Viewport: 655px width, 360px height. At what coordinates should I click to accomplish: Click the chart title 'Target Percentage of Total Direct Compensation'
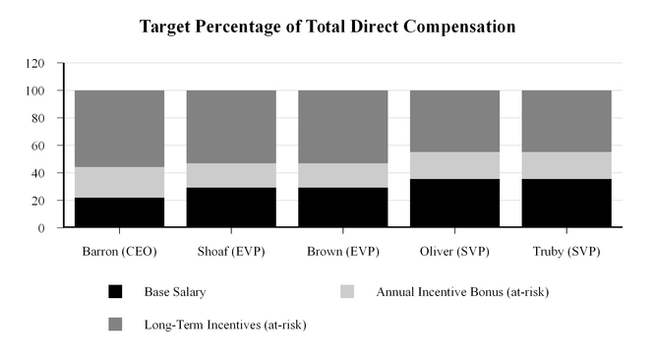click(327, 27)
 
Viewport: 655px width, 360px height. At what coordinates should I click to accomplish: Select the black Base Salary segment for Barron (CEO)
click(119, 212)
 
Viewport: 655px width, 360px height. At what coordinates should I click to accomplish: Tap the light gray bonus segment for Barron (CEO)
click(119, 182)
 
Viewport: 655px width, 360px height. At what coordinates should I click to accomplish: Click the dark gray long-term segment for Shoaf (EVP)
click(231, 127)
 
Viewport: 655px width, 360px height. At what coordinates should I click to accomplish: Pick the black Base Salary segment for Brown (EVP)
click(342, 208)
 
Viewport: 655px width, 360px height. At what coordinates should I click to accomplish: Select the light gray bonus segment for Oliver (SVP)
click(454, 165)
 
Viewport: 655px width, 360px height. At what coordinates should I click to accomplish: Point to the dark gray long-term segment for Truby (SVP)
click(566, 121)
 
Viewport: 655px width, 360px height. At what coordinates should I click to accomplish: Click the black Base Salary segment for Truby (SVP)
click(566, 204)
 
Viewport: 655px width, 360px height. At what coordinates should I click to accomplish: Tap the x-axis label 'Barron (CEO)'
click(119, 251)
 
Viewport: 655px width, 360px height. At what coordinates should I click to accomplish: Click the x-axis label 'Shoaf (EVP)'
click(231, 251)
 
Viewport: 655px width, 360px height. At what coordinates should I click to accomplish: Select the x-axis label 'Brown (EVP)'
click(342, 251)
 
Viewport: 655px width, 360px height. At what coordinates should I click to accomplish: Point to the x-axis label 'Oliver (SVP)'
click(454, 251)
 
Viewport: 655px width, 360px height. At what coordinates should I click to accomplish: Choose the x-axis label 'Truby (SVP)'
click(566, 251)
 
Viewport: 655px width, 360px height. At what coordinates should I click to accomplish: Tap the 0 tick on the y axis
click(44, 228)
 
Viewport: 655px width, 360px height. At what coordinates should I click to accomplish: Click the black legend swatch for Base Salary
click(116, 292)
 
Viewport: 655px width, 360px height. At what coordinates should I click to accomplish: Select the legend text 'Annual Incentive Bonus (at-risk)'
click(455, 291)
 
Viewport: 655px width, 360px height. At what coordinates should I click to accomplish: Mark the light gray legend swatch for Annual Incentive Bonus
click(347, 292)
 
